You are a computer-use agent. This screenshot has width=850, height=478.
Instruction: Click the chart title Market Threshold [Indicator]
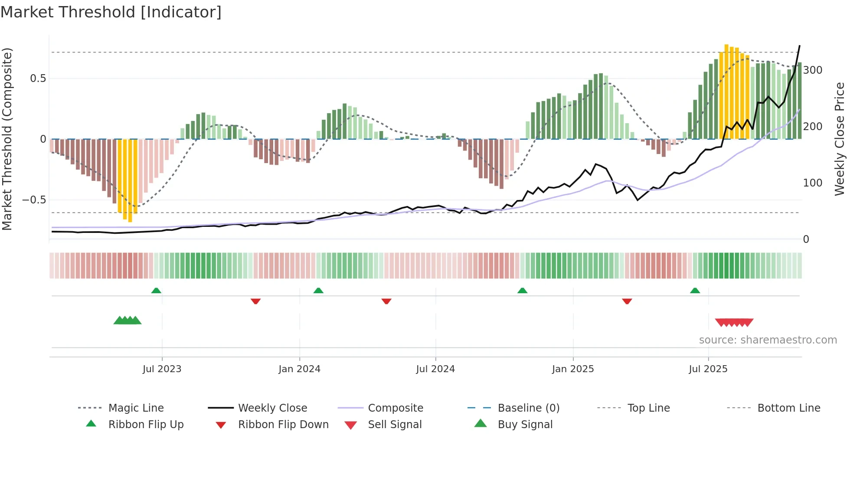coord(111,12)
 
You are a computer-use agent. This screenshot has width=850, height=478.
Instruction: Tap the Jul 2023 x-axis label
coord(162,369)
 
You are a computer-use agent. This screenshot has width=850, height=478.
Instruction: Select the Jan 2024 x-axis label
coord(299,369)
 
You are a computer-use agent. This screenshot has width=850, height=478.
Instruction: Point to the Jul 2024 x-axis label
coord(435,369)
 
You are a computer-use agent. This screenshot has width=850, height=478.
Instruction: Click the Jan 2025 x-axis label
coord(573,369)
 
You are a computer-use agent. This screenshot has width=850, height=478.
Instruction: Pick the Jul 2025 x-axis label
coord(708,369)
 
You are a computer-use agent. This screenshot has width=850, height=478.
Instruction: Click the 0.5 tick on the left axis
coord(38,79)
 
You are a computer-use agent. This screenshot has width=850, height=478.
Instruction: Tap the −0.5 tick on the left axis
coord(34,200)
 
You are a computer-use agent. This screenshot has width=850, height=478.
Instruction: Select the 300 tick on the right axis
coord(813,70)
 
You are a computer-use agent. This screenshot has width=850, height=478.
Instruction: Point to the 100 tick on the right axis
coord(813,183)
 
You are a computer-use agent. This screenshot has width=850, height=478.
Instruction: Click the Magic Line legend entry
coord(136,408)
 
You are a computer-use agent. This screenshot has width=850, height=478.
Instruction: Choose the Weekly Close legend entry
coord(272,408)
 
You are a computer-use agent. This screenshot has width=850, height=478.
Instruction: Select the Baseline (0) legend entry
coord(528,408)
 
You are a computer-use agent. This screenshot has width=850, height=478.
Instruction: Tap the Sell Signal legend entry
coord(395,425)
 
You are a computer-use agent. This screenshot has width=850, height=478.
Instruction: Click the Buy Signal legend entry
coord(525,425)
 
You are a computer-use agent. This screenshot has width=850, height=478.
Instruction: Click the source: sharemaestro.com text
coord(768,340)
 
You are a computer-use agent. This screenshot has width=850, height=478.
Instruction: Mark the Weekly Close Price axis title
coord(840,139)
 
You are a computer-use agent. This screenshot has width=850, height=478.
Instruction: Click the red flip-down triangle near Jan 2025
coord(627,301)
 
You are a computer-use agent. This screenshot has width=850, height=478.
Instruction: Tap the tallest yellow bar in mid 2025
coord(726,91)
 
